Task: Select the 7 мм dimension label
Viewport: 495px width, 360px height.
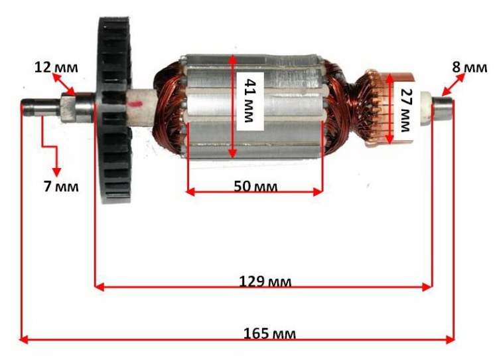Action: [x=61, y=186]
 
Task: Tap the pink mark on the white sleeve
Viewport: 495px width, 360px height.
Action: [x=138, y=104]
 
